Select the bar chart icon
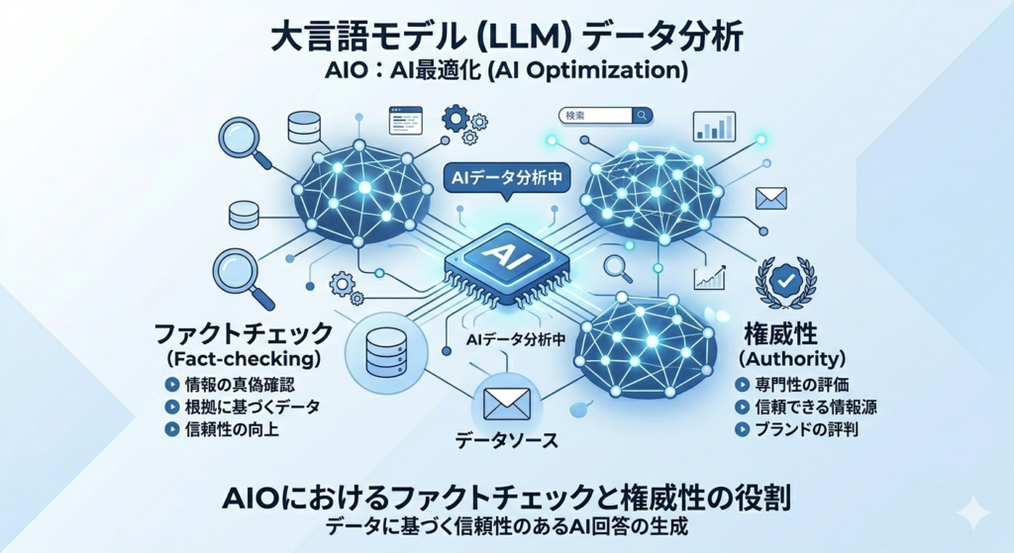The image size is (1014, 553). pyautogui.click(x=714, y=126)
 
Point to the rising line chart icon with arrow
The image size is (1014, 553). pyautogui.click(x=711, y=276)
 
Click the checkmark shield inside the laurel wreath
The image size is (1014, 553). pyautogui.click(x=786, y=281)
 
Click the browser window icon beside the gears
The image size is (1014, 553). pyautogui.click(x=404, y=122)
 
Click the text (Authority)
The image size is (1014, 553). pyautogui.click(x=792, y=356)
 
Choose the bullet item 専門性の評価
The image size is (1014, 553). pyautogui.click(x=798, y=384)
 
